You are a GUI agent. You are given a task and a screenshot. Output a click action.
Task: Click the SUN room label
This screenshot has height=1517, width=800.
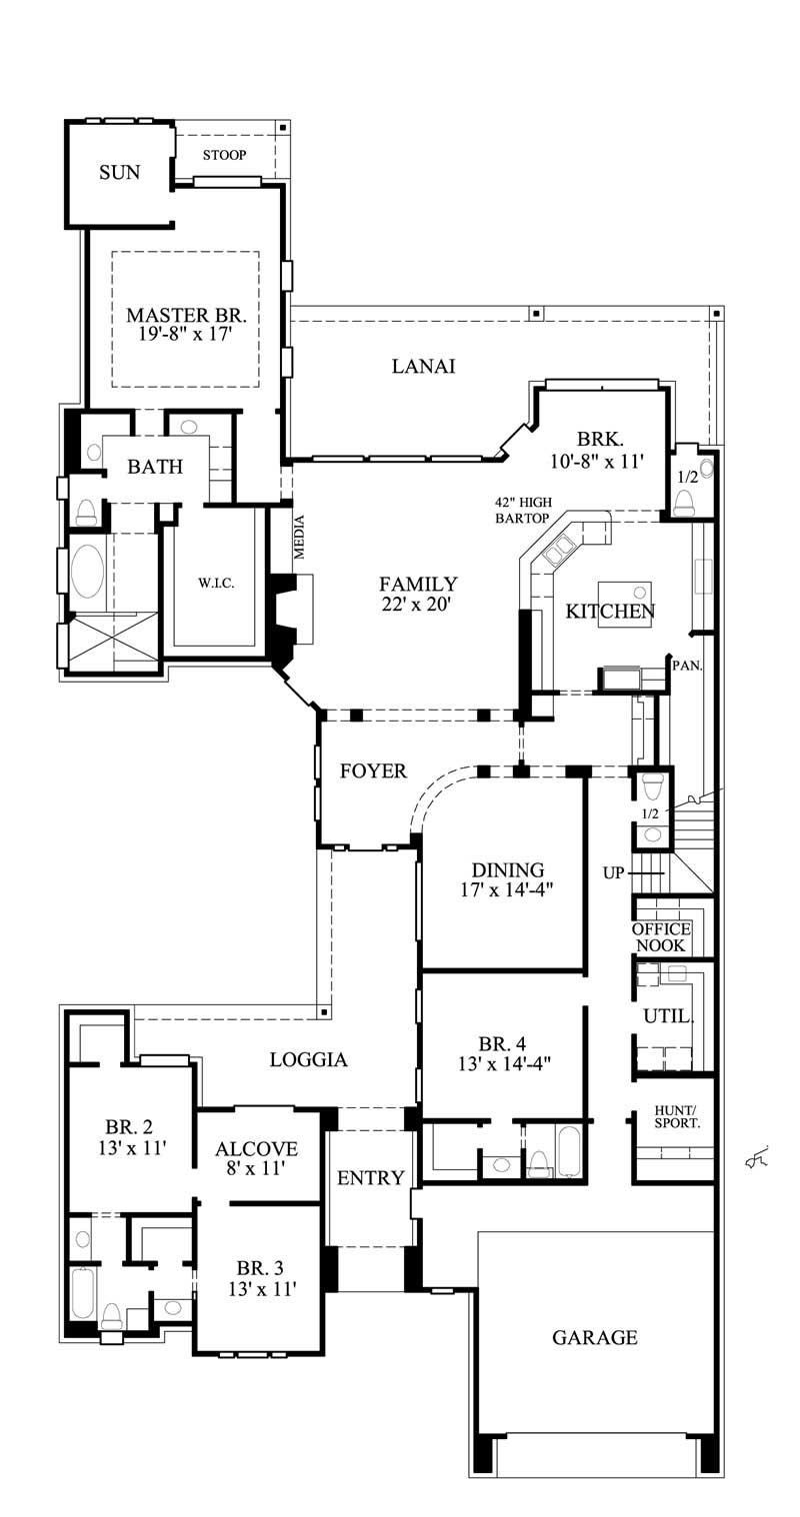click(119, 173)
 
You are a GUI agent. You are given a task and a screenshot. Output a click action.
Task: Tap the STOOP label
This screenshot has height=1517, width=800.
click(224, 155)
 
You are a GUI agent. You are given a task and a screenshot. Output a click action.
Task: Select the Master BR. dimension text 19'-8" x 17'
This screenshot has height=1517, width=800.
click(185, 335)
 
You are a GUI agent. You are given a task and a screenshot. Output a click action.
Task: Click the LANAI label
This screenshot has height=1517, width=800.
click(423, 367)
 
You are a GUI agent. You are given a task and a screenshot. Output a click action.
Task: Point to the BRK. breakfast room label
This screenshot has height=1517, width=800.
click(600, 439)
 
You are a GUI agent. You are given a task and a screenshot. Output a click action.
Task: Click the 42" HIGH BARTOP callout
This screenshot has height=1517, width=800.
click(522, 510)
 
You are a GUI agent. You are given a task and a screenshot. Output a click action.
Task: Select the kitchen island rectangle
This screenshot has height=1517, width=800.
click(624, 605)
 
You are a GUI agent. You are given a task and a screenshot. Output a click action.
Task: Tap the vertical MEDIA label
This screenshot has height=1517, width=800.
click(298, 536)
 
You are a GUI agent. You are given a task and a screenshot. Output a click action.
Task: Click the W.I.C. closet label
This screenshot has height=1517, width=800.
click(215, 584)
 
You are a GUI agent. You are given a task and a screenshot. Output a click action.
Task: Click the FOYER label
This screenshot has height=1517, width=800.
click(373, 771)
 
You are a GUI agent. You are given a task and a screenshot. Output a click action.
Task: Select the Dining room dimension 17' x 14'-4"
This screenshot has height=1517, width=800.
click(508, 887)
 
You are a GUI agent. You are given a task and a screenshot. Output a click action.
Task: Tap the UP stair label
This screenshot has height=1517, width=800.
click(613, 873)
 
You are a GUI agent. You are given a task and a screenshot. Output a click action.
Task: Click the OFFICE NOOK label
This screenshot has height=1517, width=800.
click(660, 937)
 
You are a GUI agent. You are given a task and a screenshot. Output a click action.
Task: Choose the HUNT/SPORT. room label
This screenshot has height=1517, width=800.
click(677, 1116)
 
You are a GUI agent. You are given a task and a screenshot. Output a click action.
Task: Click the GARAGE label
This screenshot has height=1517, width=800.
click(594, 1337)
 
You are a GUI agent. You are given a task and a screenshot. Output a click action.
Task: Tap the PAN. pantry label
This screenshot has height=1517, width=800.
click(685, 664)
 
